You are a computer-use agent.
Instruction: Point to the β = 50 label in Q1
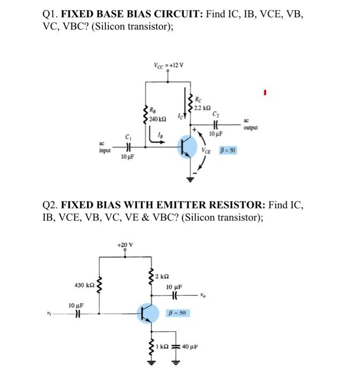[228, 151]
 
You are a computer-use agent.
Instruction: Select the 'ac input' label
[105, 147]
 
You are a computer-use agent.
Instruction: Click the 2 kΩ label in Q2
[161, 276]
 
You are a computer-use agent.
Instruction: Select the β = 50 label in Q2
[177, 312]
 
